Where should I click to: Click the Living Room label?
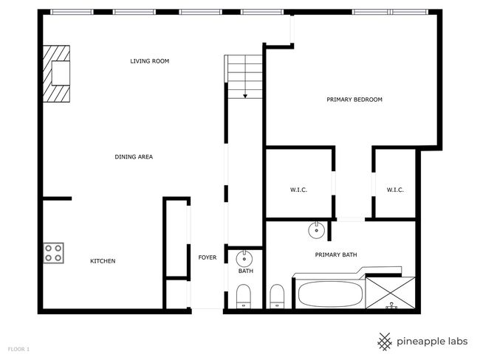pyautogui.click(x=150, y=61)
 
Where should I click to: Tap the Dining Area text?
pyautogui.click(x=134, y=157)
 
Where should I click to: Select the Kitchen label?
pyautogui.click(x=103, y=261)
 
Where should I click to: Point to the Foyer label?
pyautogui.click(x=208, y=257)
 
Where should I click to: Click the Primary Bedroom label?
pyautogui.click(x=354, y=100)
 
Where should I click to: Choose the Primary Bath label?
pyautogui.click(x=336, y=255)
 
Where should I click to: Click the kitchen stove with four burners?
pyautogui.click(x=54, y=253)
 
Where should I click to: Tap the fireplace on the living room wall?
pyautogui.click(x=56, y=74)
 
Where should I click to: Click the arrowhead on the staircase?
pyautogui.click(x=245, y=97)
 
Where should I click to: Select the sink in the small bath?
pyautogui.click(x=244, y=259)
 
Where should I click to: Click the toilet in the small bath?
pyautogui.click(x=244, y=297)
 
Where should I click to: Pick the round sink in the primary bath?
pyautogui.click(x=316, y=230)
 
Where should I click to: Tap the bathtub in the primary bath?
pyautogui.click(x=330, y=294)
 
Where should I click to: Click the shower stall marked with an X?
pyautogui.click(x=391, y=293)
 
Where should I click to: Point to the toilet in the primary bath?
pyautogui.click(x=277, y=297)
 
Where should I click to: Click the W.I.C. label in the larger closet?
pyautogui.click(x=298, y=190)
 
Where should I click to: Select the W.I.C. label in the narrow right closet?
pyautogui.click(x=395, y=190)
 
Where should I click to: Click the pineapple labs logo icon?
pyautogui.click(x=385, y=342)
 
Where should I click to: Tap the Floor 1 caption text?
pyautogui.click(x=18, y=349)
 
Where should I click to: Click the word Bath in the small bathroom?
pyautogui.click(x=246, y=271)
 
